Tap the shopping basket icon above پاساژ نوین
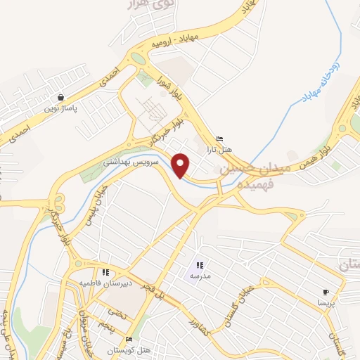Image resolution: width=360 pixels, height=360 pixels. pos(62,98)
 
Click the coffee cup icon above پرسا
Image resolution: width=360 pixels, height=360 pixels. pos(326,292)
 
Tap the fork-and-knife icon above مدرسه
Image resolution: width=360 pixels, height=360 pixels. pos(200,265)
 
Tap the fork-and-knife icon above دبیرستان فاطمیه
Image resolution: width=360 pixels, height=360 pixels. pos(105,272)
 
